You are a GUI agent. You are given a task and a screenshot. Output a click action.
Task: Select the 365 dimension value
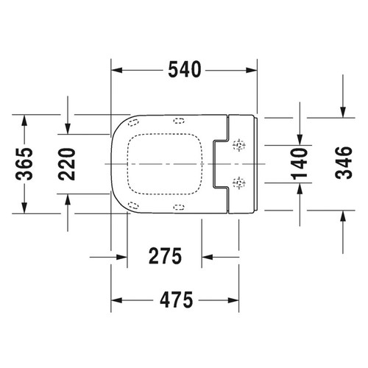(x=25, y=163)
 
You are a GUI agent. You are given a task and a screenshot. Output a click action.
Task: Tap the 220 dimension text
(x=67, y=163)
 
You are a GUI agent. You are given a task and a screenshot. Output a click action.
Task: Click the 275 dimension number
(x=163, y=257)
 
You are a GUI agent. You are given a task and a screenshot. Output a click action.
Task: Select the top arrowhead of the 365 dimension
(x=25, y=120)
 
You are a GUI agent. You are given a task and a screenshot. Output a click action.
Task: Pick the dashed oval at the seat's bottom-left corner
(x=133, y=205)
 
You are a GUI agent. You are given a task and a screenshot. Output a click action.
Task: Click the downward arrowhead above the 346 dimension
(x=342, y=111)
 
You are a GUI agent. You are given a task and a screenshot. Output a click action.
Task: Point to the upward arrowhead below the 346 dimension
(x=342, y=215)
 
